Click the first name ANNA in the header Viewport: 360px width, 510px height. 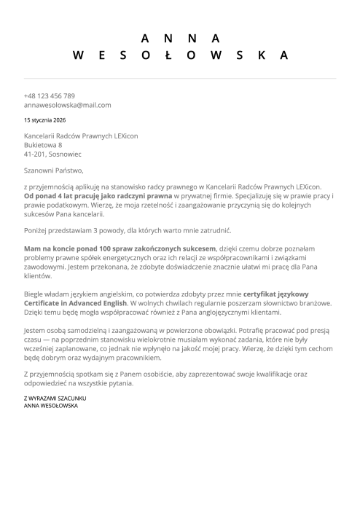point(180,38)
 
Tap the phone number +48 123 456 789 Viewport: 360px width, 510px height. point(50,95)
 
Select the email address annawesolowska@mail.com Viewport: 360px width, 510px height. point(67,105)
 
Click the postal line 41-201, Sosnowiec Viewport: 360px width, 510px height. point(52,154)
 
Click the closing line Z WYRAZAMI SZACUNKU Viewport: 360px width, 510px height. point(55,399)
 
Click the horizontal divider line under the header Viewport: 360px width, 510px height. point(180,78)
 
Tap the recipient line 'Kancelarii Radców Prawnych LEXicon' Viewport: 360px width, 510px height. point(81,136)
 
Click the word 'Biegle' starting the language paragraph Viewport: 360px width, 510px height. point(34,291)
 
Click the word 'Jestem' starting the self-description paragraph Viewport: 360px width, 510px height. point(35,330)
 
